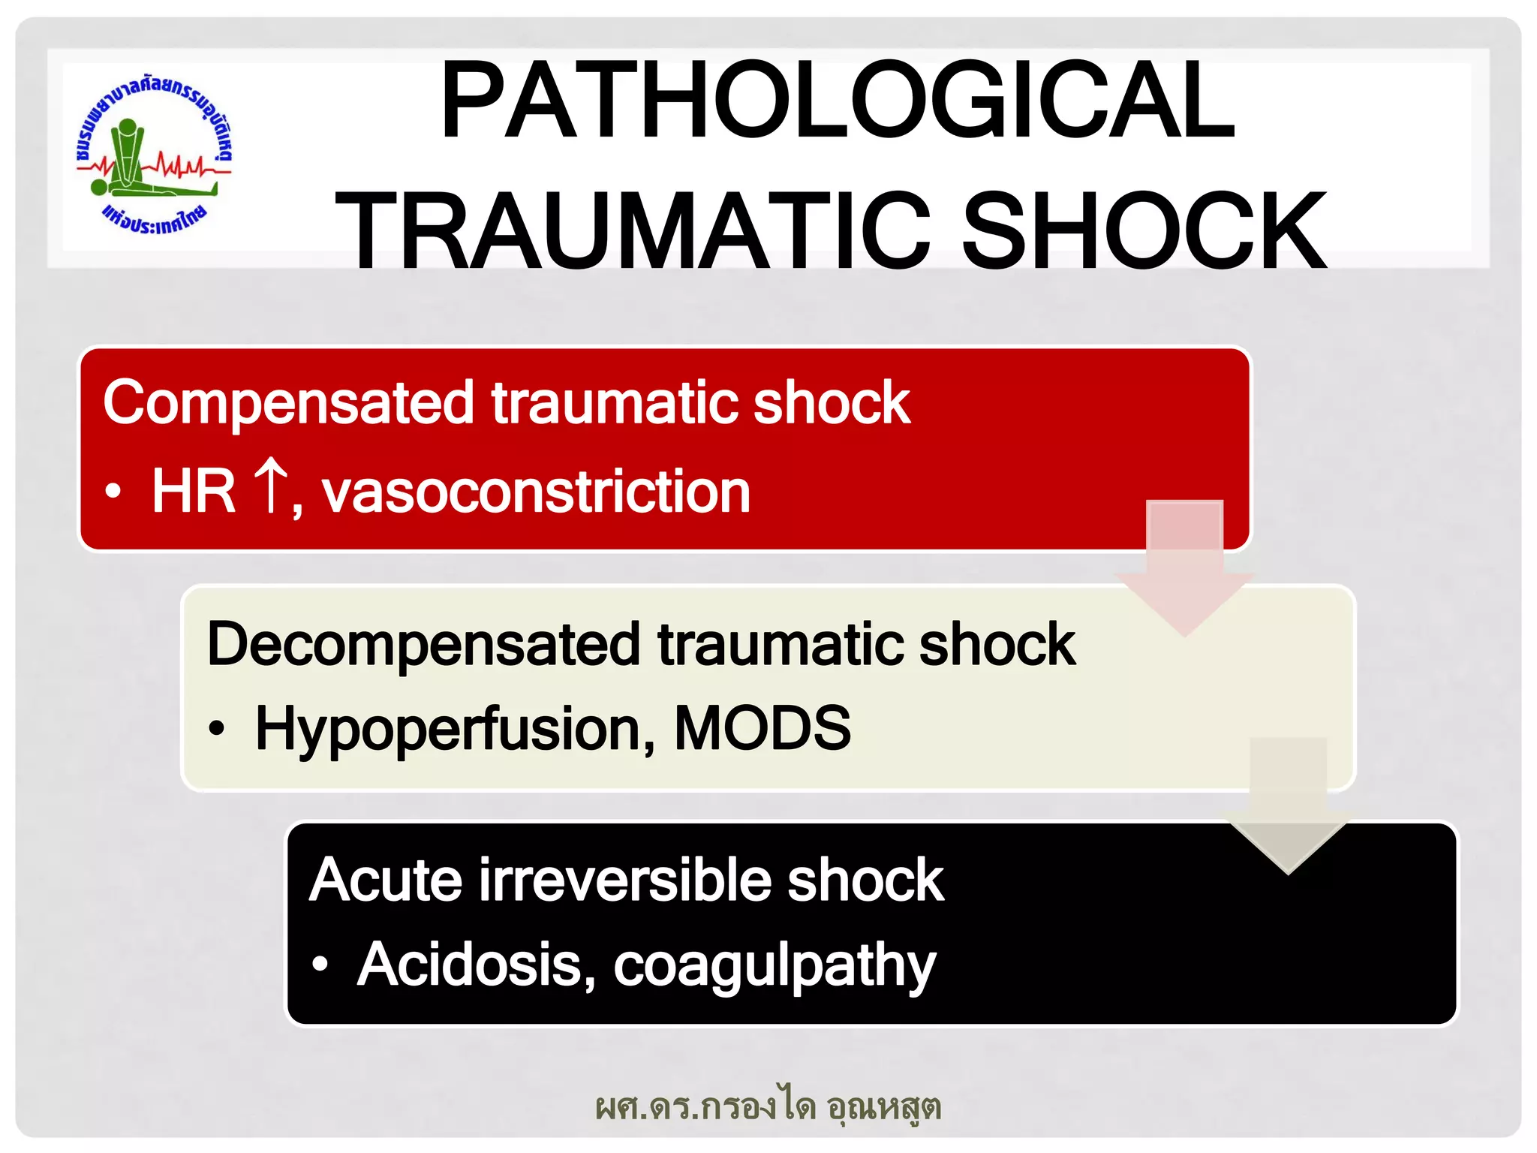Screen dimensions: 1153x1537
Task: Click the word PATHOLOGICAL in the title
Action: click(837, 101)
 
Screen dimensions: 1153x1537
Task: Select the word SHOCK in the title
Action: click(1144, 231)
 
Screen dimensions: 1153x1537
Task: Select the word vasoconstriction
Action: click(536, 492)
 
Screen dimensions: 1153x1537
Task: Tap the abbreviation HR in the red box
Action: click(193, 492)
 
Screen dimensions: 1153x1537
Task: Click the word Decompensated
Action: click(423, 644)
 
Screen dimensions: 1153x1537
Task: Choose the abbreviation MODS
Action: click(762, 728)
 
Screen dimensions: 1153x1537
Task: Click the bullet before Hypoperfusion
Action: click(217, 728)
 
